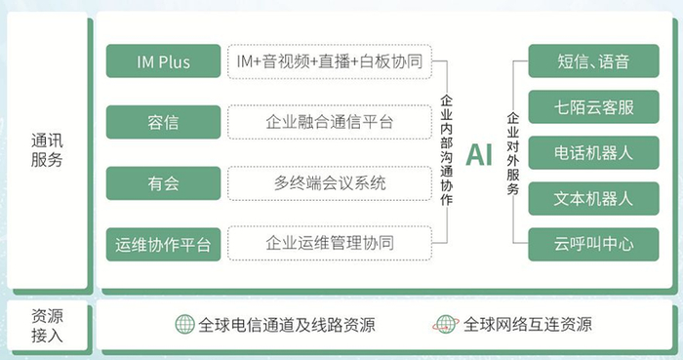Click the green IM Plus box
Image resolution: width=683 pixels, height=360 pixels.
tap(162, 62)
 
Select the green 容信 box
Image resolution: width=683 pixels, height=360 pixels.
tap(162, 122)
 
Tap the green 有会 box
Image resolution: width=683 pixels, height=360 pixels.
tap(162, 182)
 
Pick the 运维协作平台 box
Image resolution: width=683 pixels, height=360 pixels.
tap(162, 243)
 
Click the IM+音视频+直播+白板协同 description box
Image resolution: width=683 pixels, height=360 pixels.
tap(330, 62)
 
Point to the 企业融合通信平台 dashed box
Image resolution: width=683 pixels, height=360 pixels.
tap(330, 122)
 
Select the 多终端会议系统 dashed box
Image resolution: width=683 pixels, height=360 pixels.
tap(330, 182)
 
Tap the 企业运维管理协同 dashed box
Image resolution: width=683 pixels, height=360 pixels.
tap(330, 243)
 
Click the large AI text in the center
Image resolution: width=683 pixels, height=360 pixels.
tap(479, 154)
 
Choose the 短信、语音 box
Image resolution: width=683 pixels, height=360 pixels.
tap(580, 62)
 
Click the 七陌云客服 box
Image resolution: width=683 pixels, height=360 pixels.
tap(580, 107)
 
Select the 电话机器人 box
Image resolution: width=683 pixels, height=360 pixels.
tap(580, 153)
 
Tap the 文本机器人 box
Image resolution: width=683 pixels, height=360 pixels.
tap(580, 198)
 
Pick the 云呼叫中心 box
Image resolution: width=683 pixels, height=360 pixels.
tap(580, 244)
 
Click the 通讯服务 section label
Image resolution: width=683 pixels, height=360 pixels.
tap(47, 150)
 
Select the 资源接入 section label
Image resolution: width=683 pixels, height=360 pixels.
tap(47, 326)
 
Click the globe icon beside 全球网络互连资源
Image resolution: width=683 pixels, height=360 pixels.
tap(446, 325)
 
